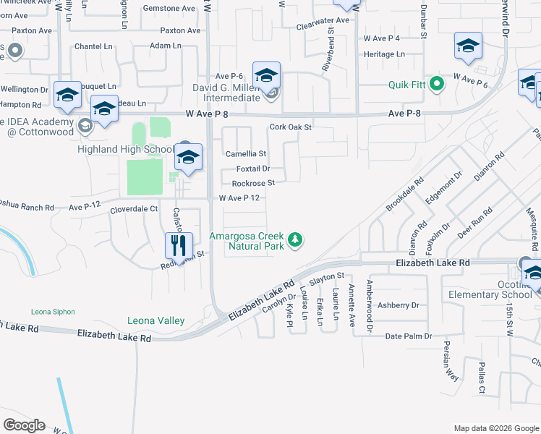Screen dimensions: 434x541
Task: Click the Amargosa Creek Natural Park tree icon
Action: [x=294, y=239]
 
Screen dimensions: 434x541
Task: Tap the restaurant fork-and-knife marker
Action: [x=179, y=246]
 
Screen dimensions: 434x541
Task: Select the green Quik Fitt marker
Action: [x=436, y=85]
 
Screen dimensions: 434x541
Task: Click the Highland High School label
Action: [x=125, y=150]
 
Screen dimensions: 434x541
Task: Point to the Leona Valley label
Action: [x=156, y=320]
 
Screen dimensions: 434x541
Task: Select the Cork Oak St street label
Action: [x=290, y=127]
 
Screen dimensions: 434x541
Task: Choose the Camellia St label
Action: [x=246, y=154]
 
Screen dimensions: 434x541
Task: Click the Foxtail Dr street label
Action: [x=252, y=169]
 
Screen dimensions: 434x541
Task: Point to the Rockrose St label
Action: [x=253, y=183]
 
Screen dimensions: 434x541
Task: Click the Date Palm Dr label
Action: [x=408, y=336]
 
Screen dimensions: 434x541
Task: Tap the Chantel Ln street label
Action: [x=94, y=46]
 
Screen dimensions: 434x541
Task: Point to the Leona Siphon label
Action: [x=53, y=312]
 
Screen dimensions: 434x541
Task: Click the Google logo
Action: [x=24, y=425]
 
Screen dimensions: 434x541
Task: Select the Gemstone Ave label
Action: [x=150, y=8]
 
